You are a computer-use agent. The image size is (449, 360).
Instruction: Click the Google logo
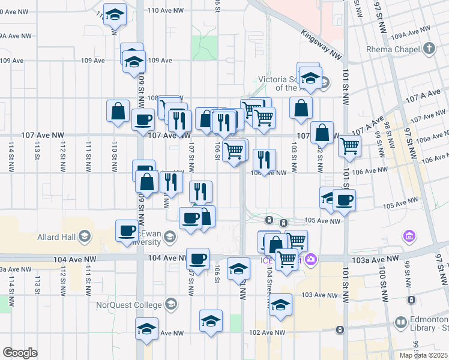[20, 353]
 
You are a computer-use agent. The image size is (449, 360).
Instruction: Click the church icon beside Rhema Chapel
[429, 48]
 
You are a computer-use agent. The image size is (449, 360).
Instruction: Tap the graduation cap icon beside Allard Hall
[83, 236]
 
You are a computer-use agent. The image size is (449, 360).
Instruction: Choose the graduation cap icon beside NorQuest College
[172, 304]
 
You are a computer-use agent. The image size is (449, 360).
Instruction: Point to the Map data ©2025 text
[423, 355]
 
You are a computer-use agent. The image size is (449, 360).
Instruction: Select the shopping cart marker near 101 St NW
[349, 145]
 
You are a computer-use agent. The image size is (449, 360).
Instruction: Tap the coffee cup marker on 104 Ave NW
[197, 259]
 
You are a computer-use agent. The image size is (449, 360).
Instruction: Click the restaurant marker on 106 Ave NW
[264, 160]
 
